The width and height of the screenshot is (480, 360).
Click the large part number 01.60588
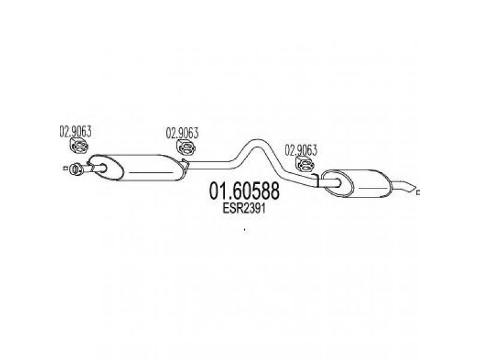pyautogui.click(x=244, y=191)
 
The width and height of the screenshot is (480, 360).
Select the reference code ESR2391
pyautogui.click(x=244, y=209)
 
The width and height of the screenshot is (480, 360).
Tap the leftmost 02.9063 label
pyautogui.click(x=76, y=131)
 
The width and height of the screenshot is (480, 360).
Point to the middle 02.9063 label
pyautogui.click(x=182, y=133)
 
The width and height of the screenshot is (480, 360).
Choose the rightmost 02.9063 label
pyautogui.click(x=301, y=150)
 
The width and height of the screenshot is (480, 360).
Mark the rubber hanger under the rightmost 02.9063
pyautogui.click(x=305, y=164)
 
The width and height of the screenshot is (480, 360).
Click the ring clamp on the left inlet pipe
pyautogui.click(x=76, y=169)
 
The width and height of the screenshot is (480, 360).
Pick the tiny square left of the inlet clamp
pyautogui.click(x=65, y=168)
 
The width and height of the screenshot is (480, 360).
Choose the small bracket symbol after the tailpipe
pyautogui.click(x=418, y=192)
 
